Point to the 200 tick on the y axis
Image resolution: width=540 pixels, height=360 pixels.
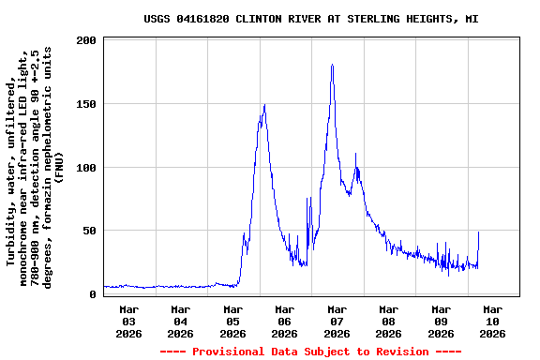click(x=86, y=41)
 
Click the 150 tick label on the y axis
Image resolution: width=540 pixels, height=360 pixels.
click(x=86, y=104)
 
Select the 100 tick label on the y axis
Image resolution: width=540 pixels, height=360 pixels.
click(x=86, y=168)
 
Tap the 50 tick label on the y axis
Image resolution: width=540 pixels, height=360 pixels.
click(x=90, y=231)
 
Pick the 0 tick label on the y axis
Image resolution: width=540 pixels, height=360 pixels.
click(x=93, y=294)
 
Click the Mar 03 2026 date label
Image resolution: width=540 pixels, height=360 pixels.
click(x=129, y=321)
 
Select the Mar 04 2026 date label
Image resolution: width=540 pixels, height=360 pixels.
click(x=181, y=321)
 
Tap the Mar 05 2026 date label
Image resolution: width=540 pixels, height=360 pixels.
click(x=232, y=321)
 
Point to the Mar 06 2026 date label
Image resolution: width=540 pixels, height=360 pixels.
click(x=285, y=321)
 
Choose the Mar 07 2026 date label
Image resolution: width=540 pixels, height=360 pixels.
click(x=337, y=321)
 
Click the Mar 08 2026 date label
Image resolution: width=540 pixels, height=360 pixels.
click(x=388, y=321)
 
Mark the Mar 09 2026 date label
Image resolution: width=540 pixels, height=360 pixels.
click(x=441, y=321)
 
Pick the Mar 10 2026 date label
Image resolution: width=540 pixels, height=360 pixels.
click(x=492, y=321)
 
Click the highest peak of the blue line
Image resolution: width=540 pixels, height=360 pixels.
click(x=332, y=66)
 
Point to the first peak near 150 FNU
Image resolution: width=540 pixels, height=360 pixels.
click(x=264, y=105)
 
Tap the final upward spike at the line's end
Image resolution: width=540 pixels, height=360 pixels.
click(x=478, y=232)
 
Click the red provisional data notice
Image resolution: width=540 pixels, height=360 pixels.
click(x=310, y=352)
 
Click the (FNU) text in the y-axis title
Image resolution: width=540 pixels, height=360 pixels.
click(x=58, y=166)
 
